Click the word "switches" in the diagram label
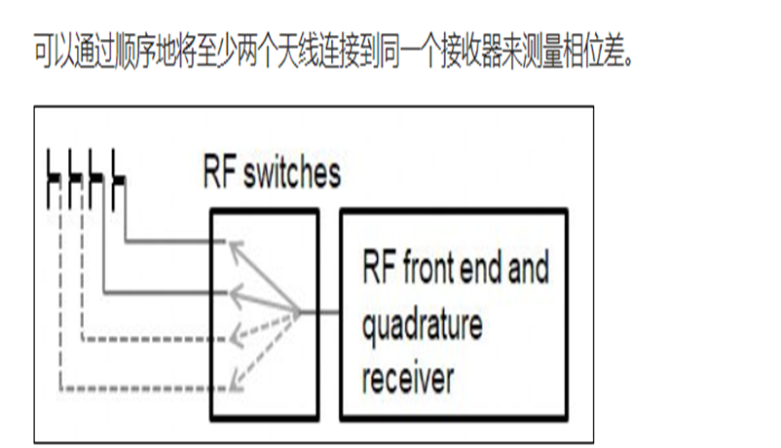292,174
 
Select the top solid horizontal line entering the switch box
175,243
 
